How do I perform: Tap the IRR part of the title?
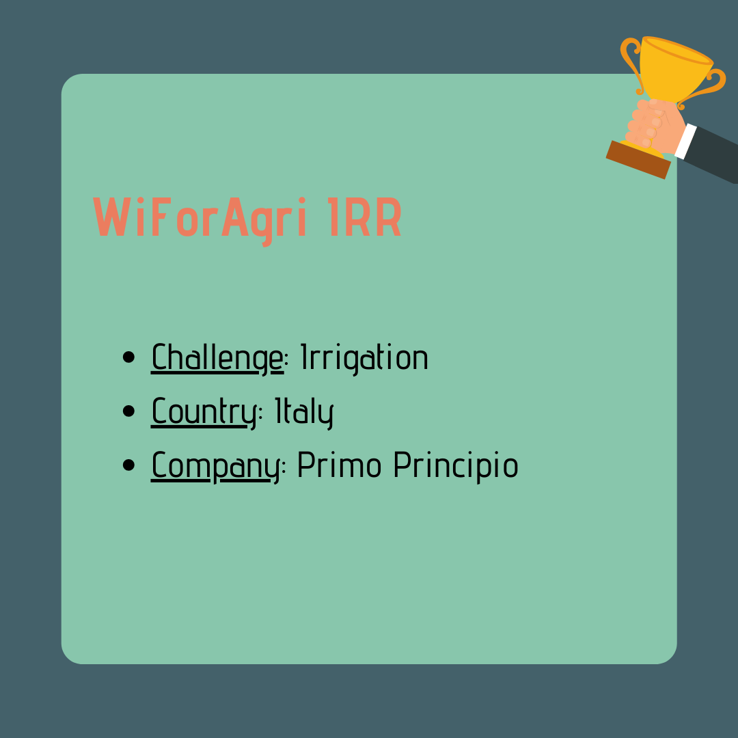click(364, 217)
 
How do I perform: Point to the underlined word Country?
click(204, 412)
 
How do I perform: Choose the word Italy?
click(304, 412)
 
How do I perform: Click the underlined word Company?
click(215, 467)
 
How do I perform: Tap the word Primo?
click(340, 465)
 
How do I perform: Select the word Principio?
click(456, 467)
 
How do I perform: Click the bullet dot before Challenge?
click(128, 357)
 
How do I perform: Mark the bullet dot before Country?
click(128, 411)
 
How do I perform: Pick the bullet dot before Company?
click(128, 465)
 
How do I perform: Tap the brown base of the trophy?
click(638, 159)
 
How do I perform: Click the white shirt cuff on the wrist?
click(685, 141)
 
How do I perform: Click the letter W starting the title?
click(112, 217)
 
